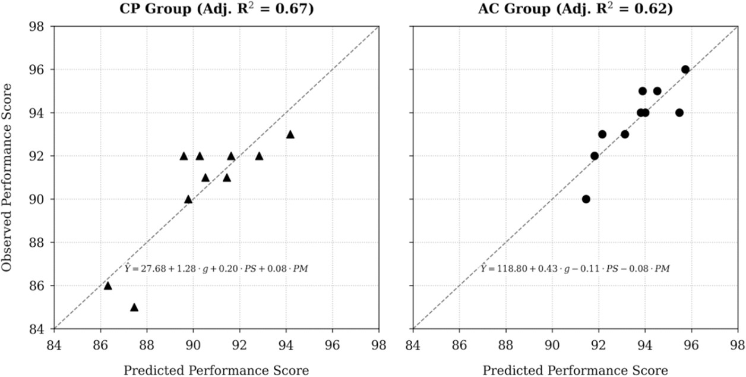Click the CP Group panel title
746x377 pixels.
[216, 10]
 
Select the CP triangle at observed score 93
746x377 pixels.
[290, 134]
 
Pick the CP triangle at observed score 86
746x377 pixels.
[108, 285]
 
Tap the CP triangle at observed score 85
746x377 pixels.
[134, 307]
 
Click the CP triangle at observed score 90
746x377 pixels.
[188, 199]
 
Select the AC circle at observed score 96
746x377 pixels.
[685, 70]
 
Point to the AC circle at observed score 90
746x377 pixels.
[586, 199]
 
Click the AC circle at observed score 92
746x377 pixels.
[595, 156]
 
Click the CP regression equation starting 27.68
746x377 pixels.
[216, 269]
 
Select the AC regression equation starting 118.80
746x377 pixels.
[575, 269]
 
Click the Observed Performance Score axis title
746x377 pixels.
[8, 177]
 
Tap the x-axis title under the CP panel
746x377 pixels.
[216, 370]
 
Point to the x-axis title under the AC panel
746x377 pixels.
[575, 370]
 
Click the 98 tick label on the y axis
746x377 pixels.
[40, 27]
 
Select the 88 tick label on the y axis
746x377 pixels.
[40, 243]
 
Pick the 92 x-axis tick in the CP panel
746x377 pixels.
[239, 344]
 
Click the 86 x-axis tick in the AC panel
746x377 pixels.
[459, 344]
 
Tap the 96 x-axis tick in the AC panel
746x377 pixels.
[691, 344]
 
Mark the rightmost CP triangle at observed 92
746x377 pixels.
[259, 156]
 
